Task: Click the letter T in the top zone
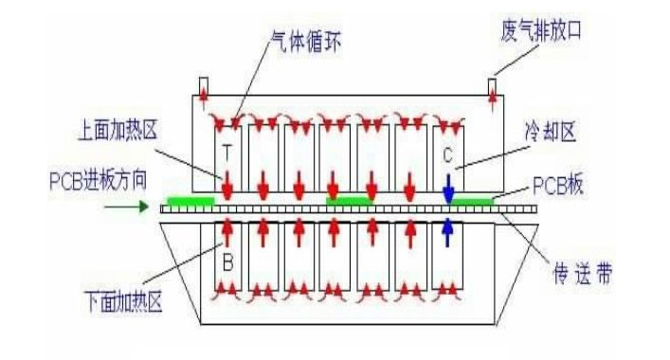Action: [226, 151]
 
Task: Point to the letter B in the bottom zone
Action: [226, 256]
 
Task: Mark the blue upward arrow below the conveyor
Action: [448, 232]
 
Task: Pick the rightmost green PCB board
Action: [471, 201]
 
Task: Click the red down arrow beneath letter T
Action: [226, 185]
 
